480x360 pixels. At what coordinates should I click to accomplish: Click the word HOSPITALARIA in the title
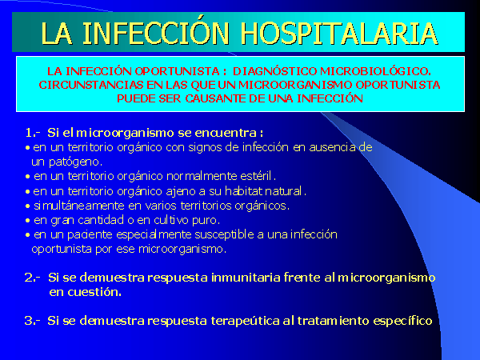pos(339,33)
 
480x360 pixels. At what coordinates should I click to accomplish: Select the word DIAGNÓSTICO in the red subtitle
pos(274,71)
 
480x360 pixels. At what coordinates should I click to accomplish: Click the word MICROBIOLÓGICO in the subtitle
pos(376,71)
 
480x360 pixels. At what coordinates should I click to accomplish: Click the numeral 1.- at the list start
pos(33,133)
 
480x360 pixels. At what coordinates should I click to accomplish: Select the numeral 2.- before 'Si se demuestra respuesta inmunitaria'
pos(33,278)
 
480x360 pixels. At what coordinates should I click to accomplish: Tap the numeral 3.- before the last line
pos(33,321)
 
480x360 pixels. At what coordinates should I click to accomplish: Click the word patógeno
pos(76,162)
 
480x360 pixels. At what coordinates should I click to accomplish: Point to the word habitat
pos(244,191)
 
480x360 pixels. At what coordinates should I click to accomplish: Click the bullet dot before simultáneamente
pos(28,206)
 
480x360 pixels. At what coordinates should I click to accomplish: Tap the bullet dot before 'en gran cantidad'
pos(28,221)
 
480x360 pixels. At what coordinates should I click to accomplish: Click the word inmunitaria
pos(246,278)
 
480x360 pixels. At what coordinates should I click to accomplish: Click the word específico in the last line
pos(402,321)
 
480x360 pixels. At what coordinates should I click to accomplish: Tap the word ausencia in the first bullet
pos(333,147)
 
